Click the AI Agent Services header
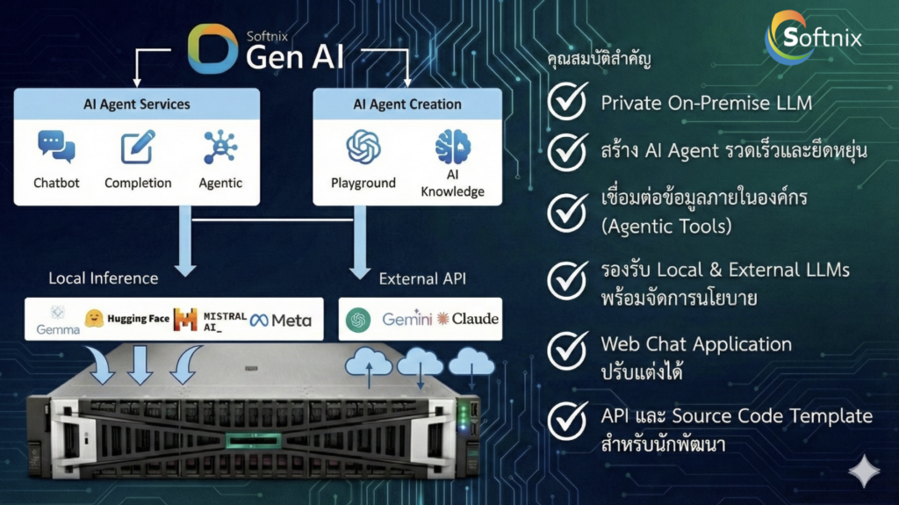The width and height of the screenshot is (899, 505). coord(136,105)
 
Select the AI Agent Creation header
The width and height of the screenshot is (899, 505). coord(407,105)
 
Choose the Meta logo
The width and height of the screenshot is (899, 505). coord(280,321)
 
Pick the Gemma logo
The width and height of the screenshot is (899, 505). coord(58,320)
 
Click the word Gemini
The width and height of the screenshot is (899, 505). coord(407,319)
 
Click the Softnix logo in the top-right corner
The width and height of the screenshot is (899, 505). coord(811,37)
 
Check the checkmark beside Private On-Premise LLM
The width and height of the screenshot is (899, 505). coord(567,103)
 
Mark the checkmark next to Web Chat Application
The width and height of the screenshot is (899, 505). coord(567,350)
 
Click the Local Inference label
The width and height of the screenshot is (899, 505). coord(104,278)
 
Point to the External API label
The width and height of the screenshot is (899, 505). coord(421,278)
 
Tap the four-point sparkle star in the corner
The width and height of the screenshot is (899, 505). coord(864,473)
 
